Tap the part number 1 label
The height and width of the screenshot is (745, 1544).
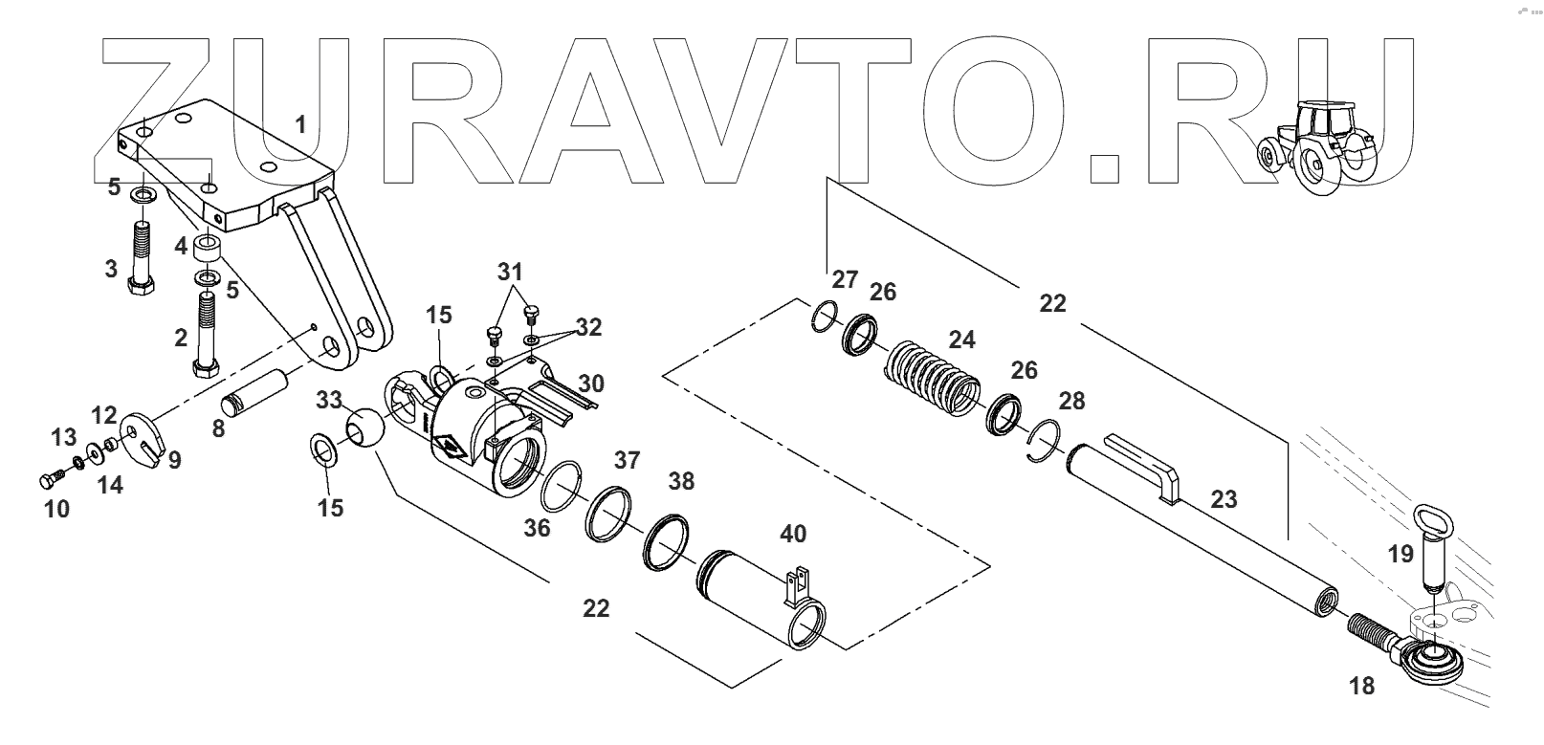pos(300,124)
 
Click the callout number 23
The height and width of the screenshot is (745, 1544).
pos(1224,499)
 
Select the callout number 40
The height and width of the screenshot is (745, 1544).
pos(793,533)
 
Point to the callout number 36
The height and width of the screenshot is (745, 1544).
pos(537,527)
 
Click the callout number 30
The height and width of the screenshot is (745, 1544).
pos(591,383)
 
